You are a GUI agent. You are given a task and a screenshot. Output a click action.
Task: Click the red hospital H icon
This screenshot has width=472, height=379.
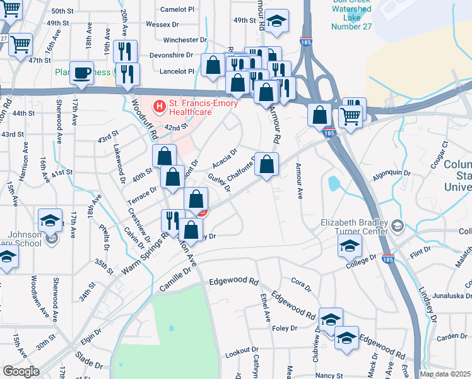click(x=160, y=104)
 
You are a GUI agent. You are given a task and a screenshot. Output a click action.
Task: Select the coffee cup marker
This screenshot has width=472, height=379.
click(x=82, y=73)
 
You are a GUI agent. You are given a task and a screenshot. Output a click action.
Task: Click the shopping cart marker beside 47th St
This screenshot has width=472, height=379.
click(x=21, y=44)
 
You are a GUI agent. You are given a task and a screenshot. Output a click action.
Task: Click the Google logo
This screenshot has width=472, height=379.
click(x=21, y=371)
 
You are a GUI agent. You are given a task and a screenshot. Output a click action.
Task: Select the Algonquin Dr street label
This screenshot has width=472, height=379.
click(x=391, y=172)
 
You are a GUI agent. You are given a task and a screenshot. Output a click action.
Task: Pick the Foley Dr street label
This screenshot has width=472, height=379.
click(x=285, y=328)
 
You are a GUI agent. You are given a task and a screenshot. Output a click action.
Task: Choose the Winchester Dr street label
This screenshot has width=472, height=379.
click(x=177, y=40)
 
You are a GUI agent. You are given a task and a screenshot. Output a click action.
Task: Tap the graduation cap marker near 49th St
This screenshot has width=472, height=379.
click(x=276, y=21)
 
